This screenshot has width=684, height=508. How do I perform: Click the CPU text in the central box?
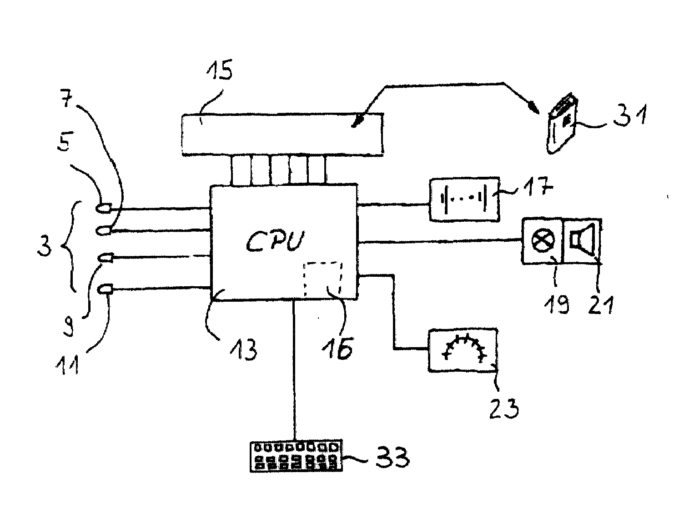tap(276, 241)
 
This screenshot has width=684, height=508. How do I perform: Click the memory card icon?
tap(562, 123)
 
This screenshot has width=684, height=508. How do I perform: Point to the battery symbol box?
tap(465, 199)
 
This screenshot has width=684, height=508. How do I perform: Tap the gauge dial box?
tap(463, 350)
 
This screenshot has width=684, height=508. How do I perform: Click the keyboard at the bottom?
tap(296, 456)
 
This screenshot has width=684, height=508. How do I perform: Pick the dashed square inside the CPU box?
tap(323, 279)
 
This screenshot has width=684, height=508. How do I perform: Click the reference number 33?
tap(392, 457)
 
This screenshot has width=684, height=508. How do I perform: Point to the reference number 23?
tap(504, 408)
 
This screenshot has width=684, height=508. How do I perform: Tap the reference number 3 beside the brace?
tap(44, 246)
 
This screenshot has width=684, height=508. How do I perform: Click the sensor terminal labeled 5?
tap(104, 209)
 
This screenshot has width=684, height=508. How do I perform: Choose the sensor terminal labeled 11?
tap(106, 289)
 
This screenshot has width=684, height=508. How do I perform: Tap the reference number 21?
tap(600, 304)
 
